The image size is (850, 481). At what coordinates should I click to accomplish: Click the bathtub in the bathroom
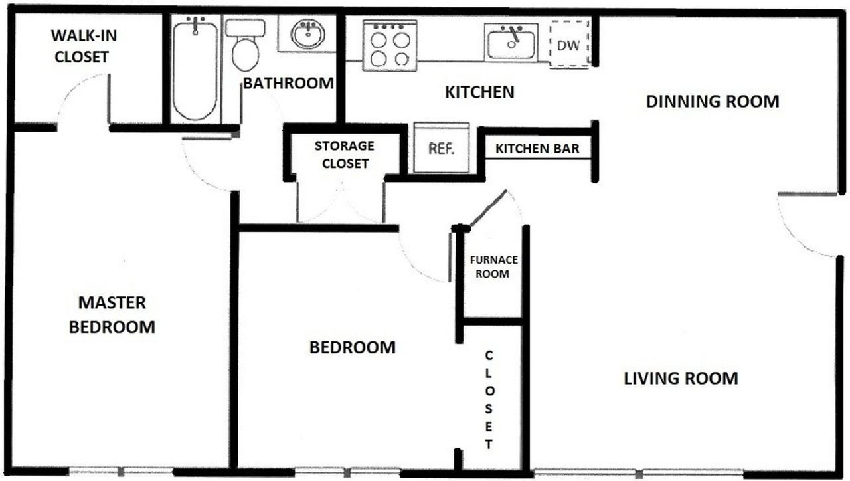(195, 69)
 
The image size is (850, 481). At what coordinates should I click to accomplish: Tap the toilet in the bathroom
(246, 45)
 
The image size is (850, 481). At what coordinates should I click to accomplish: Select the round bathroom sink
(307, 33)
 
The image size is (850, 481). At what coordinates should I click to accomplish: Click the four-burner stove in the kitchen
(390, 46)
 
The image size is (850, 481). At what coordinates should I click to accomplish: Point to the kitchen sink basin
(511, 42)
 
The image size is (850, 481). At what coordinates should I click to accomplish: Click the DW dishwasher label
(568, 46)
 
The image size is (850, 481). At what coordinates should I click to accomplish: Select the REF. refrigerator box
(442, 147)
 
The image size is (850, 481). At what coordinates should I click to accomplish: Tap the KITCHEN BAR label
(537, 149)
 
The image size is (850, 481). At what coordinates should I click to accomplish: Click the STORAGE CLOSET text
(345, 155)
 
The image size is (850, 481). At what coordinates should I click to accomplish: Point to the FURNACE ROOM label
(493, 267)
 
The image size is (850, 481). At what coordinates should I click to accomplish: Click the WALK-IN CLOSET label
(84, 47)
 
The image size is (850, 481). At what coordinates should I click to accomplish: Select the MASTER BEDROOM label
(112, 315)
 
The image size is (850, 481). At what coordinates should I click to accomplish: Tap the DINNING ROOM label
(713, 102)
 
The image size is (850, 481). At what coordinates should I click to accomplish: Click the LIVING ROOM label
(681, 379)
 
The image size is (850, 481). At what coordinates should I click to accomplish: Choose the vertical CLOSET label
(489, 400)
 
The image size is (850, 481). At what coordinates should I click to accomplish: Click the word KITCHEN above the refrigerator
(479, 92)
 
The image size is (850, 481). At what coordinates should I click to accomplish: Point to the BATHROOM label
(288, 83)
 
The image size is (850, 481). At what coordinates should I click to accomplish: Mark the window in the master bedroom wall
(121, 472)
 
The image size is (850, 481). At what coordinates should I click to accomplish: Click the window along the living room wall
(639, 474)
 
